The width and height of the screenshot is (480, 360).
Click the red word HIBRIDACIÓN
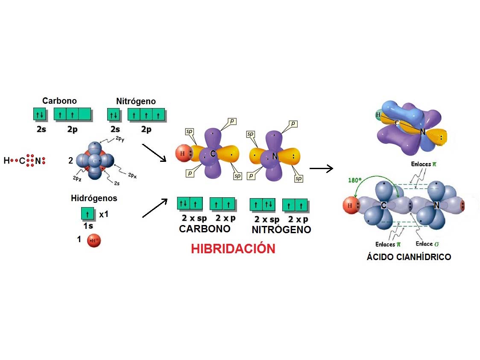click(233, 249)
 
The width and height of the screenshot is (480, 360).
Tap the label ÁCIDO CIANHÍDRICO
click(409, 257)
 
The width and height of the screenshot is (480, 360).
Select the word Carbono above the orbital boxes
click(59, 101)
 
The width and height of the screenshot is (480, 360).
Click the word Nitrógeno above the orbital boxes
click(136, 101)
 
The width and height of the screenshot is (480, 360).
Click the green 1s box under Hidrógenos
click(88, 213)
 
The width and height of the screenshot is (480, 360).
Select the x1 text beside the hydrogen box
click(104, 214)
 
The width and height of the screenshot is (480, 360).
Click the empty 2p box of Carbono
click(85, 114)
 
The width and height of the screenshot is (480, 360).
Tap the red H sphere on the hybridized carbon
click(182, 153)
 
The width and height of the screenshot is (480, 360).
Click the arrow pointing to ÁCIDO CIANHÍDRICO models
click(321, 169)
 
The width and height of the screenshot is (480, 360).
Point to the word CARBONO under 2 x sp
click(205, 228)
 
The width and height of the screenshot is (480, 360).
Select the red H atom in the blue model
click(350, 206)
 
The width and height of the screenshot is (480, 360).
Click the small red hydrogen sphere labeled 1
click(94, 241)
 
